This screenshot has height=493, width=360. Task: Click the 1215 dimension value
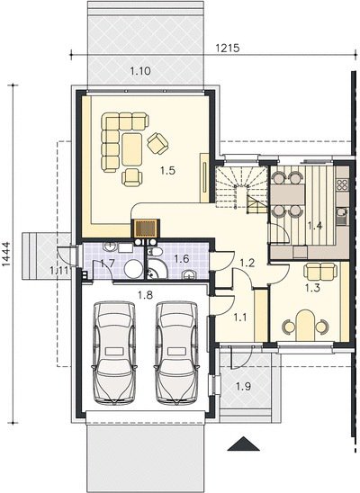click(x=228, y=48)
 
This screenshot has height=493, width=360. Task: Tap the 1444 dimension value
click(x=6, y=254)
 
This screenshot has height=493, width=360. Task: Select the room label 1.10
click(x=140, y=71)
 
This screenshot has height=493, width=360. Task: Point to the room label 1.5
click(x=167, y=170)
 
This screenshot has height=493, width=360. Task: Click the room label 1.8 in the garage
click(x=145, y=295)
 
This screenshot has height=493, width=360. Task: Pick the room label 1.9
click(x=243, y=386)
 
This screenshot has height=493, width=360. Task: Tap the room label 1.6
click(x=182, y=259)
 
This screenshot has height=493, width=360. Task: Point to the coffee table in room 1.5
click(x=131, y=149)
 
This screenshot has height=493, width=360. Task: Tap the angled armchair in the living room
click(x=157, y=144)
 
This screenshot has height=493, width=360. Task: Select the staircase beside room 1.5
click(x=241, y=189)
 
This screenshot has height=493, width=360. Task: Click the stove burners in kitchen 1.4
click(x=342, y=185)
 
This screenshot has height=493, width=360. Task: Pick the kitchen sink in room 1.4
click(x=341, y=216)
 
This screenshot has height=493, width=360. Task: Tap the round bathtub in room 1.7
click(x=133, y=269)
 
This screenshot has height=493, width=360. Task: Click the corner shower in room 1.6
click(x=156, y=270)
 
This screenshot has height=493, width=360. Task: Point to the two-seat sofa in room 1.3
click(x=319, y=272)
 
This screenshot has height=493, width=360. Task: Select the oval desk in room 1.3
click(x=305, y=326)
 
